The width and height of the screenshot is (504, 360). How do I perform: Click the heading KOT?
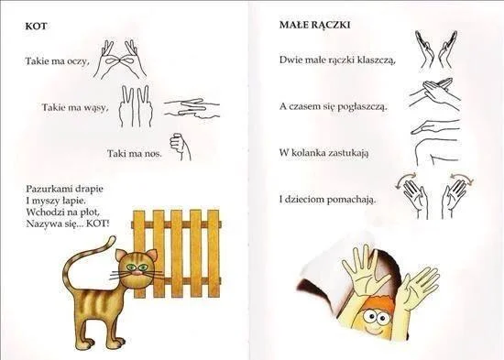(x=36, y=26)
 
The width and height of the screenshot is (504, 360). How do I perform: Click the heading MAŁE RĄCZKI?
(x=314, y=25)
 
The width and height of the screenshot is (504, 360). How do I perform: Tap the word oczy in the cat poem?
(x=77, y=61)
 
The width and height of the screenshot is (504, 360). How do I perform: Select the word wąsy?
(x=95, y=107)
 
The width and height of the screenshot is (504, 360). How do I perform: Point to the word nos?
(x=153, y=153)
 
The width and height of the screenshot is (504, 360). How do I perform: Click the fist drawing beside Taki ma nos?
(x=181, y=147)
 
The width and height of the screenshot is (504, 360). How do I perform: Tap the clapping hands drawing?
(x=436, y=49)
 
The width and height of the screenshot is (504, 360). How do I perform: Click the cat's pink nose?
(x=137, y=273)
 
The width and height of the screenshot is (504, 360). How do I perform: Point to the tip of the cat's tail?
(x=113, y=237)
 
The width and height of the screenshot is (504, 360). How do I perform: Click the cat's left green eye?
(x=130, y=267)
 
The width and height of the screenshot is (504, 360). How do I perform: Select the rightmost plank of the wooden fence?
(x=214, y=253)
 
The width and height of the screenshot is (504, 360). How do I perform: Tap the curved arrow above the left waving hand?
(x=405, y=180)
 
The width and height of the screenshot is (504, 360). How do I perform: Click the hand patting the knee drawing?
(x=435, y=142)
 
